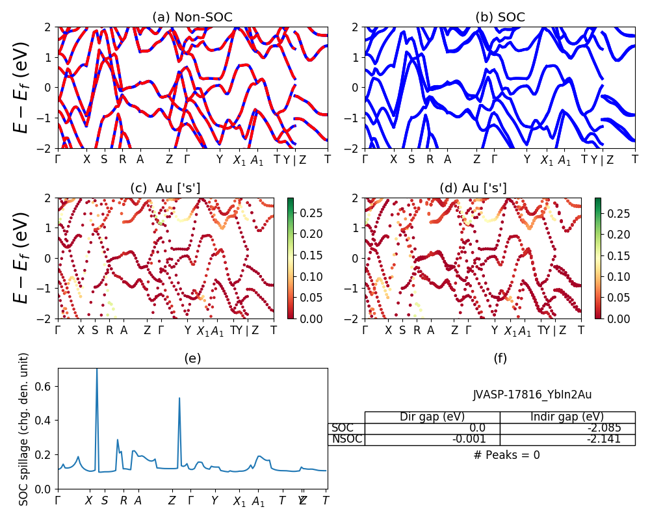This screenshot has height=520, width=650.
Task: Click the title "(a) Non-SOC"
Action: click(192, 18)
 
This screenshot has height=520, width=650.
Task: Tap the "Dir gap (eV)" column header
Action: click(432, 417)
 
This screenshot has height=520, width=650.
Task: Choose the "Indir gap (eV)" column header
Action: click(567, 417)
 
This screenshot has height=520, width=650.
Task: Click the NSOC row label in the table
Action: click(345, 439)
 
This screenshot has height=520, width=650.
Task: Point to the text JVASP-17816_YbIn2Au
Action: click(532, 395)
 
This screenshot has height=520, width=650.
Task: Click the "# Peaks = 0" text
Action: click(506, 455)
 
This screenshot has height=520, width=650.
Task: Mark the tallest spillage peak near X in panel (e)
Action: click(97, 370)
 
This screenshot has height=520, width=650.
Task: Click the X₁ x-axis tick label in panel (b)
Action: click(547, 160)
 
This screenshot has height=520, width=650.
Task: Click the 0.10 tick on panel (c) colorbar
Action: click(309, 277)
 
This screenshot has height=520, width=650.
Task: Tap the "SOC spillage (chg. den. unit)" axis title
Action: click(24, 428)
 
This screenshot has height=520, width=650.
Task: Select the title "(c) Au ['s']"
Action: click(165, 188)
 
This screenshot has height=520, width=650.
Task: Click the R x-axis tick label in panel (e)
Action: click(123, 500)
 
